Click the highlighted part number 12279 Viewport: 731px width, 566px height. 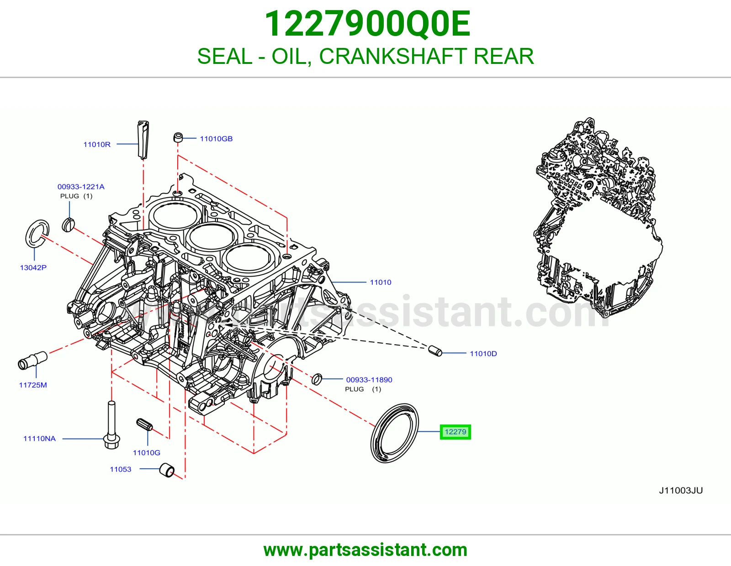455,432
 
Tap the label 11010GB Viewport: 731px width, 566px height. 216,139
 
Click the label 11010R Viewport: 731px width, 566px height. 97,145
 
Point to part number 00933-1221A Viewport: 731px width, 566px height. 81,187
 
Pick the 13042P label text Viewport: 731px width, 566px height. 33,267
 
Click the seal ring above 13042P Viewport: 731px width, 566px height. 28,235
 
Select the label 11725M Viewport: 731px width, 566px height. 33,385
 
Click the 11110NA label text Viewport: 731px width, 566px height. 39,439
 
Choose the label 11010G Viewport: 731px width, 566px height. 147,453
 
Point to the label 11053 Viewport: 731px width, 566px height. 121,469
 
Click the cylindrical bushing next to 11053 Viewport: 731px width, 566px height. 167,470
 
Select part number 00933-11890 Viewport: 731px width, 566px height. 369,380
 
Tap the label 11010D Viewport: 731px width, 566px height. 483,354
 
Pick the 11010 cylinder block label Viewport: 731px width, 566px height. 381,283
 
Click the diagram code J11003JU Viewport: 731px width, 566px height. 681,490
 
